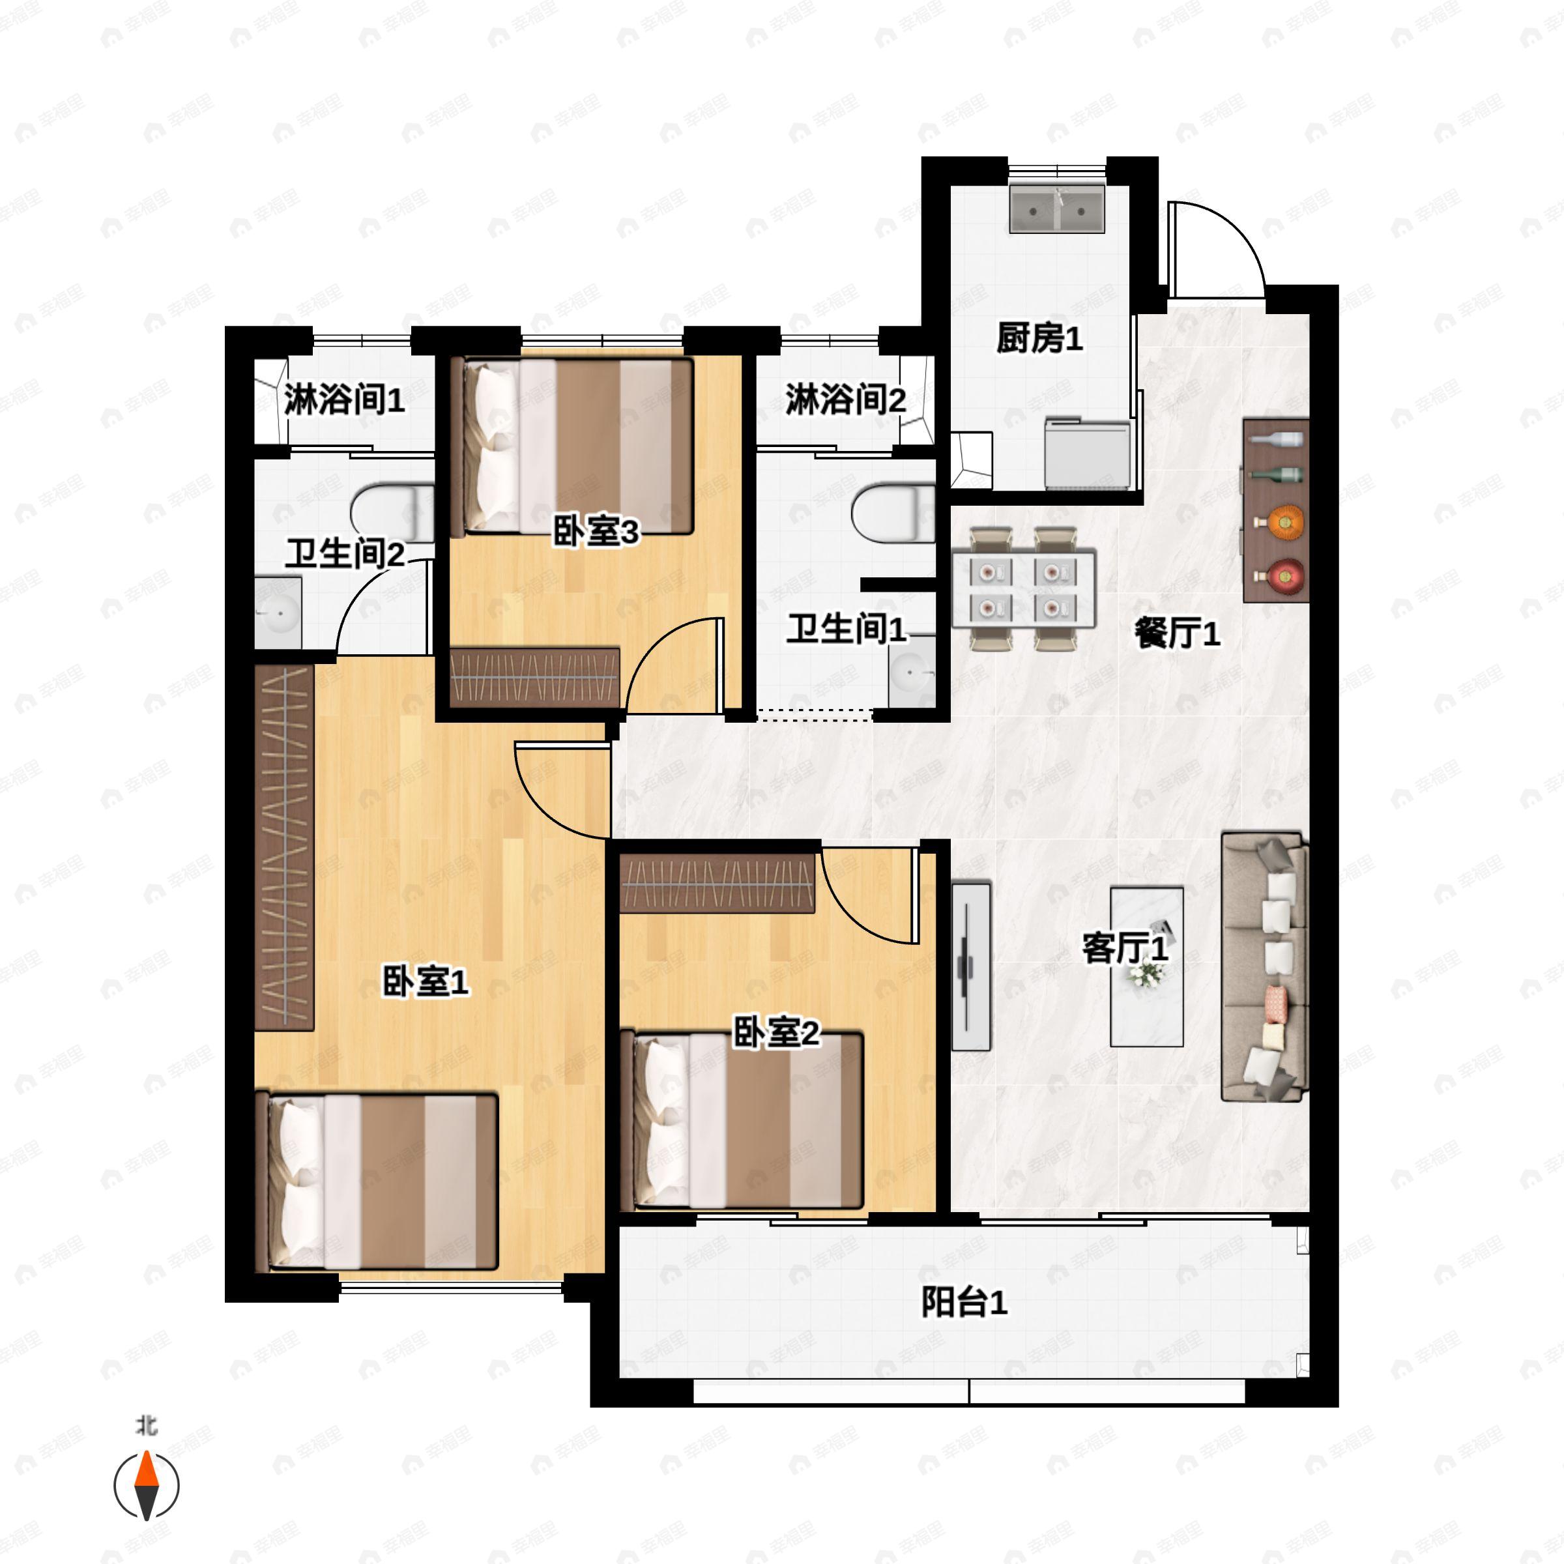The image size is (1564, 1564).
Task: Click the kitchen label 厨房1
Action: pyautogui.click(x=1039, y=338)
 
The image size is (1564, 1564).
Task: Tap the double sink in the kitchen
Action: pyautogui.click(x=1056, y=210)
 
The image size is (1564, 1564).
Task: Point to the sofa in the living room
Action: pyautogui.click(x=1264, y=967)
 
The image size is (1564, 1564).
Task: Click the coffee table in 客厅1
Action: pyautogui.click(x=1146, y=966)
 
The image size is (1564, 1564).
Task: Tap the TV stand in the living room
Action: pyautogui.click(x=970, y=966)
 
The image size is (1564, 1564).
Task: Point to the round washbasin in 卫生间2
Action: pyautogui.click(x=278, y=613)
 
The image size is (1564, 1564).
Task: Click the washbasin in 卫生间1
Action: pyautogui.click(x=912, y=671)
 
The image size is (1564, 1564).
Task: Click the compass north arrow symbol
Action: pyautogui.click(x=146, y=1486)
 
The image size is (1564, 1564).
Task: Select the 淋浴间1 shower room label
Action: pyautogui.click(x=344, y=400)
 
